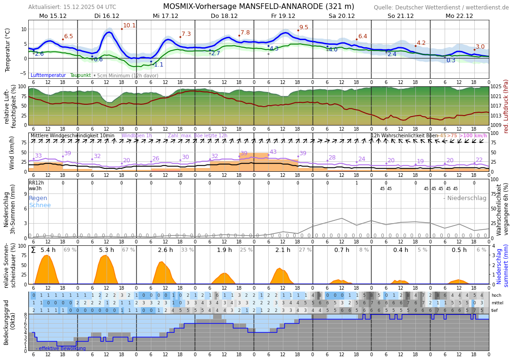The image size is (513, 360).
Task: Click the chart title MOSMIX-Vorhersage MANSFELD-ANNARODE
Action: pyautogui.click(x=258, y=7)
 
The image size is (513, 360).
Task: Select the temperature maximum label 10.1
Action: pyautogui.click(x=129, y=26)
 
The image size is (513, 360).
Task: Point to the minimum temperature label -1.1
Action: pyautogui.click(x=158, y=65)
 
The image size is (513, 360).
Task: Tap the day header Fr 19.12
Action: pyautogui.click(x=283, y=16)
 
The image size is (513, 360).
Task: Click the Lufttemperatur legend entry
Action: pyautogui.click(x=48, y=75)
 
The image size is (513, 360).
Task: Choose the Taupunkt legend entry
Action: pyautogui.click(x=80, y=75)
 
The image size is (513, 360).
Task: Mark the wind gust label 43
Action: pyautogui.click(x=273, y=152)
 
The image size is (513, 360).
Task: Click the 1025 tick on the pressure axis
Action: pyautogui.click(x=496, y=87)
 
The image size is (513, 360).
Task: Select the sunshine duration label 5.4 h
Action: pyautogui.click(x=48, y=250)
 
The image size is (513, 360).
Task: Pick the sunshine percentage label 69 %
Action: pyautogui.click(x=70, y=250)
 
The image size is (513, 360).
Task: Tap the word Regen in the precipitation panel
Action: pyautogui.click(x=38, y=198)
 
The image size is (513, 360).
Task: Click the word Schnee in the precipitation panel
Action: pyautogui.click(x=40, y=205)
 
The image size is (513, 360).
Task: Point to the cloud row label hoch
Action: pyautogui.click(x=496, y=295)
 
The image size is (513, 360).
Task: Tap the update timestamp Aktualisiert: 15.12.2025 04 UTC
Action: pyautogui.click(x=72, y=7)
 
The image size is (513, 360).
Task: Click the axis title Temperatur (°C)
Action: pyautogui.click(x=8, y=50)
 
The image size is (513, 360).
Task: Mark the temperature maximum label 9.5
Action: pyautogui.click(x=304, y=28)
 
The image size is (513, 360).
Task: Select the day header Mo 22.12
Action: pyautogui.click(x=459, y=16)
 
